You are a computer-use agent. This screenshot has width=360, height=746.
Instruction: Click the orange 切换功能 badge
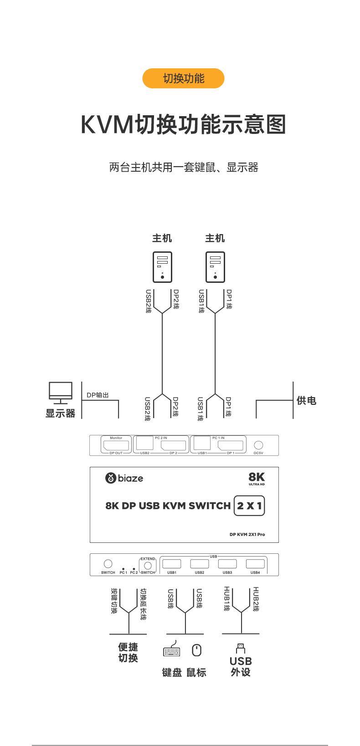[183, 78]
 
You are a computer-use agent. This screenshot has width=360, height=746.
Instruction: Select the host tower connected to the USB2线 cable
[162, 267]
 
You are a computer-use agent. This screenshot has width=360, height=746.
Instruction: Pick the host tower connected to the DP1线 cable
[215, 267]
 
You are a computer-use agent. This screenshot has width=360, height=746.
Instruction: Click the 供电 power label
[306, 401]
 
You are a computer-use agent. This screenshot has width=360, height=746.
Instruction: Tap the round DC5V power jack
[258, 445]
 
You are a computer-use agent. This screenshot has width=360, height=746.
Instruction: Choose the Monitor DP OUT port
[116, 445]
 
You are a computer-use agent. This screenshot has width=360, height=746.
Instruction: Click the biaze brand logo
[124, 478]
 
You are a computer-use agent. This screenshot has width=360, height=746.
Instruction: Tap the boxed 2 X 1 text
[249, 506]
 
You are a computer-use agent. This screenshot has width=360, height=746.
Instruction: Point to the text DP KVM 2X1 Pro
[247, 534]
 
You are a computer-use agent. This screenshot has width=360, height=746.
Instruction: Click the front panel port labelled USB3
[227, 564]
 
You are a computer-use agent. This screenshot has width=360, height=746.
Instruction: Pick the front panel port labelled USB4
[255, 564]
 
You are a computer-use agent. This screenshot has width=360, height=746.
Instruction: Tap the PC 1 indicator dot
[123, 569]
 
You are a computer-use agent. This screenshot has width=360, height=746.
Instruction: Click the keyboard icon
[172, 651]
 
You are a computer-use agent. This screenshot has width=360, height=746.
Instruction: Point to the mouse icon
[196, 650]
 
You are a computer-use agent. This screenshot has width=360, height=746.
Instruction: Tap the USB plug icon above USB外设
[241, 648]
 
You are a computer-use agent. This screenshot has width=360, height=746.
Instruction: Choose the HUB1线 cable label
[226, 599]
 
